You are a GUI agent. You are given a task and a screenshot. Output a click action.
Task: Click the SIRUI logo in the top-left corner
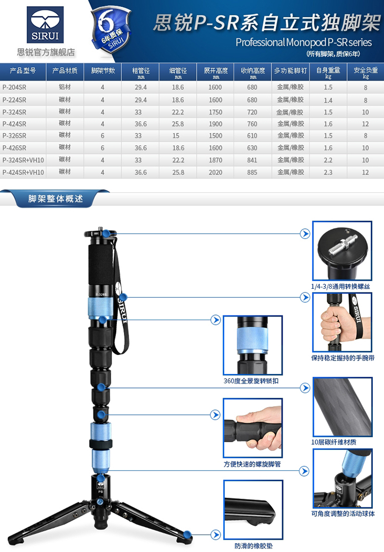(46, 25)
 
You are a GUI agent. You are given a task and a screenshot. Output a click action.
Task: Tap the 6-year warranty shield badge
(111, 30)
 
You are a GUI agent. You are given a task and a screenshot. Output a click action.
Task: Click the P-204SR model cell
(14, 87)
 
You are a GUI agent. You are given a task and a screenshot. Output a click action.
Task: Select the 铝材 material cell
(65, 87)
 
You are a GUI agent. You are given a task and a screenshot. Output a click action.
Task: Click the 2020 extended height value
(216, 172)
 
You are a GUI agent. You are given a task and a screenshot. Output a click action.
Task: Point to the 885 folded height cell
(252, 172)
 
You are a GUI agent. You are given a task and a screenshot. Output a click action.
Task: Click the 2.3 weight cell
(328, 172)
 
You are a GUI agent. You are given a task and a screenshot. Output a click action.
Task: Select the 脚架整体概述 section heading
(55, 199)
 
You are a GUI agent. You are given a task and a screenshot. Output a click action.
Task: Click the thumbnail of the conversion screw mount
(342, 251)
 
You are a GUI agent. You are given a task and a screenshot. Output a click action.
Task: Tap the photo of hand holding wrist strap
(342, 322)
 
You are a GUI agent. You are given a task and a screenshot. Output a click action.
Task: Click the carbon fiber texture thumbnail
(343, 407)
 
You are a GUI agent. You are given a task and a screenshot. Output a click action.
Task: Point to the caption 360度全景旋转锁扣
(251, 381)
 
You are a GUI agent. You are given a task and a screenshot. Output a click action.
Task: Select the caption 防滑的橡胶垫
(253, 546)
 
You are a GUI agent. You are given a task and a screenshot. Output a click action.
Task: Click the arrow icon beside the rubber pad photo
(216, 535)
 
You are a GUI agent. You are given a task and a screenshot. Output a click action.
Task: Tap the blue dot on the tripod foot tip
(187, 535)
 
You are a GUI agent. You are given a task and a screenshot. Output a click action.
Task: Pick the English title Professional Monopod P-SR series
(304, 43)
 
